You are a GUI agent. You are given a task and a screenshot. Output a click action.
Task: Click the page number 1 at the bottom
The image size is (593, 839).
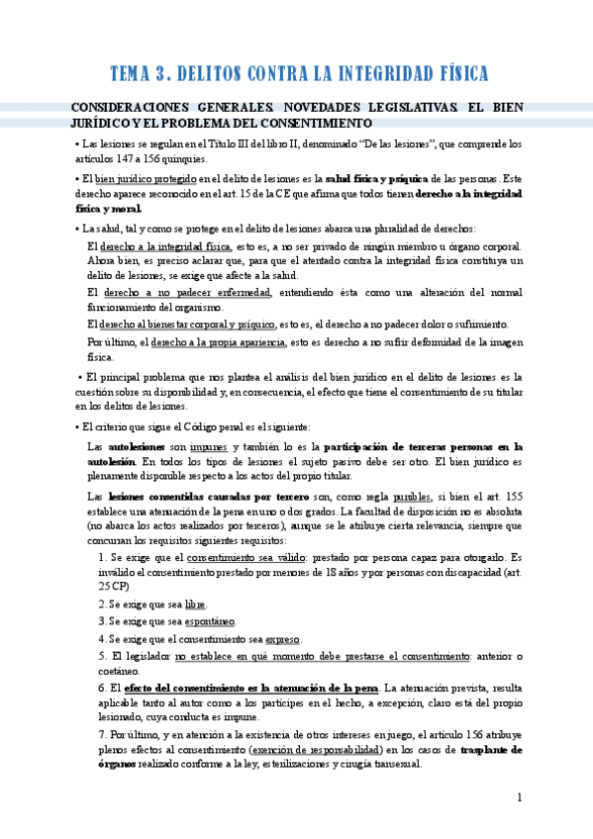[x=519, y=797]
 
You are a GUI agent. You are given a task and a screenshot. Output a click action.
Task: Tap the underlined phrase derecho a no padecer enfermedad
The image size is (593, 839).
[x=185, y=293]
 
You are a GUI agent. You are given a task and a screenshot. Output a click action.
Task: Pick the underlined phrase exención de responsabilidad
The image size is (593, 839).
[x=316, y=750]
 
